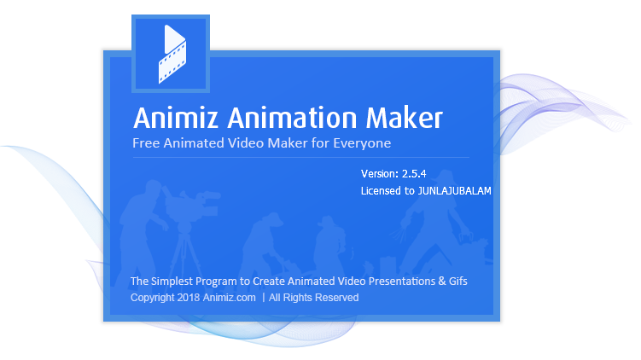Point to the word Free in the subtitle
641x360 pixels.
(145, 142)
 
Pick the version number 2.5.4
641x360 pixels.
(414, 174)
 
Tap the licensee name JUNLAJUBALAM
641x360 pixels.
(454, 192)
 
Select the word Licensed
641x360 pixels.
(382, 192)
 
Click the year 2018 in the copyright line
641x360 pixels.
(189, 298)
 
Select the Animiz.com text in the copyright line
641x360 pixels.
(230, 298)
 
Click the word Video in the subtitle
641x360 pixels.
(248, 142)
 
